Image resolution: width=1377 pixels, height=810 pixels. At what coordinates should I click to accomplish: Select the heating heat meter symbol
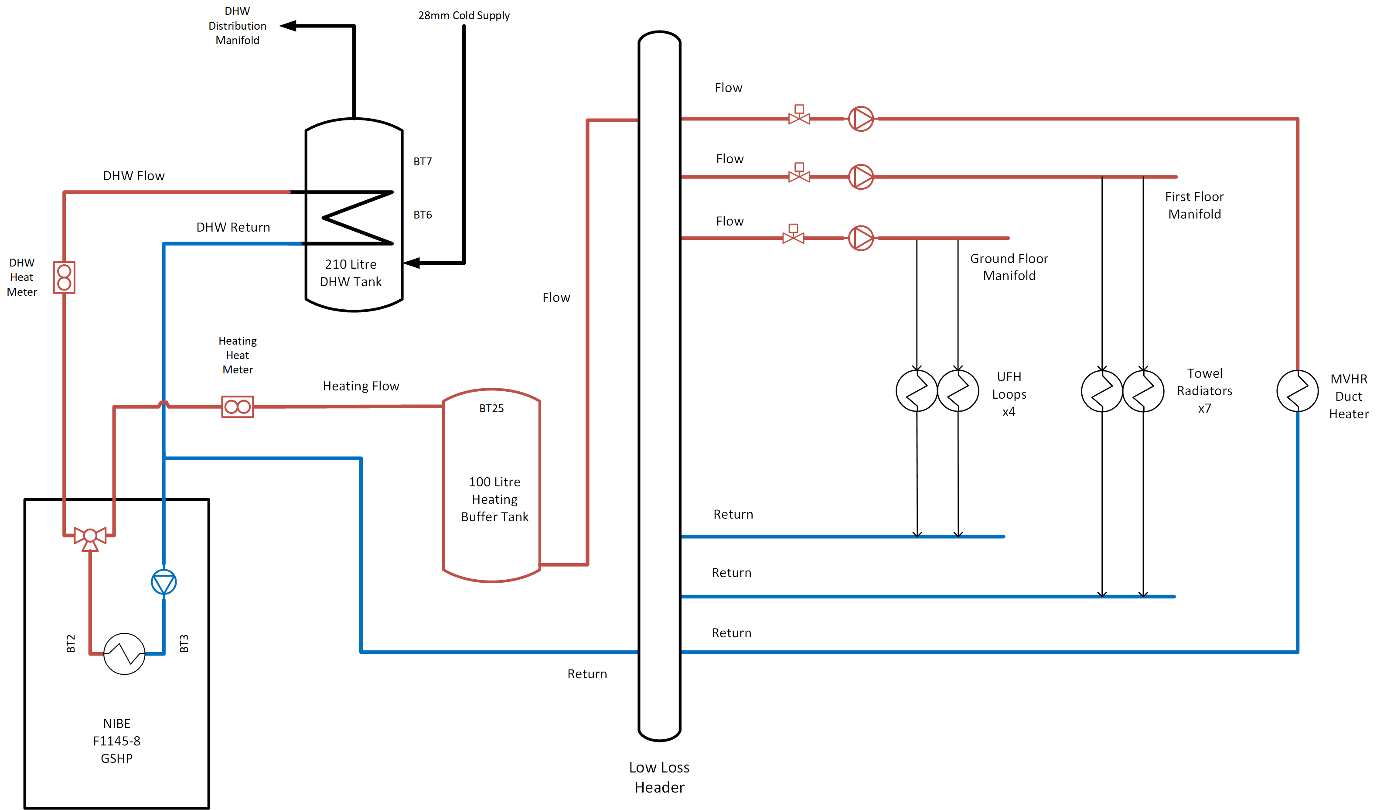click(238, 407)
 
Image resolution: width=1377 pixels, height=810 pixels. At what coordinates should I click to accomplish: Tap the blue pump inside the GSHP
click(164, 581)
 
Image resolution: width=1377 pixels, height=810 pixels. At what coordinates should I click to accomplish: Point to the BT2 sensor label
click(71, 643)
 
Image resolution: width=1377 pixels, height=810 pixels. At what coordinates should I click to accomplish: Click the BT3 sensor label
click(184, 643)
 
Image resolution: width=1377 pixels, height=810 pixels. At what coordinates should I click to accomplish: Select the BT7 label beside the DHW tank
click(423, 161)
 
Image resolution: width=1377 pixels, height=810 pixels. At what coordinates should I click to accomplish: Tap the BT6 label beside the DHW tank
click(423, 215)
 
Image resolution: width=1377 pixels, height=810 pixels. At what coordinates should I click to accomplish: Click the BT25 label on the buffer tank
click(491, 408)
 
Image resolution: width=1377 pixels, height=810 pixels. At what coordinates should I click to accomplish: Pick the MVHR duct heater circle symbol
click(1297, 391)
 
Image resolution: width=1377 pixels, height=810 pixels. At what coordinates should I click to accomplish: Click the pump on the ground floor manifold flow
click(861, 238)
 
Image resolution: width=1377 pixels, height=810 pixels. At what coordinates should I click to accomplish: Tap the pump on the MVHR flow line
click(861, 119)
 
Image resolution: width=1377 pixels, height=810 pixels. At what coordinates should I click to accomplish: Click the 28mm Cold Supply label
click(464, 15)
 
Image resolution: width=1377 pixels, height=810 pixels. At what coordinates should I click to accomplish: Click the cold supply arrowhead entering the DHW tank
click(412, 263)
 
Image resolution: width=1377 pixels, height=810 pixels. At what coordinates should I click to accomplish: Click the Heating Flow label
click(361, 386)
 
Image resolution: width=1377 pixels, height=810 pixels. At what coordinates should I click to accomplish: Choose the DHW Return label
click(233, 227)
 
